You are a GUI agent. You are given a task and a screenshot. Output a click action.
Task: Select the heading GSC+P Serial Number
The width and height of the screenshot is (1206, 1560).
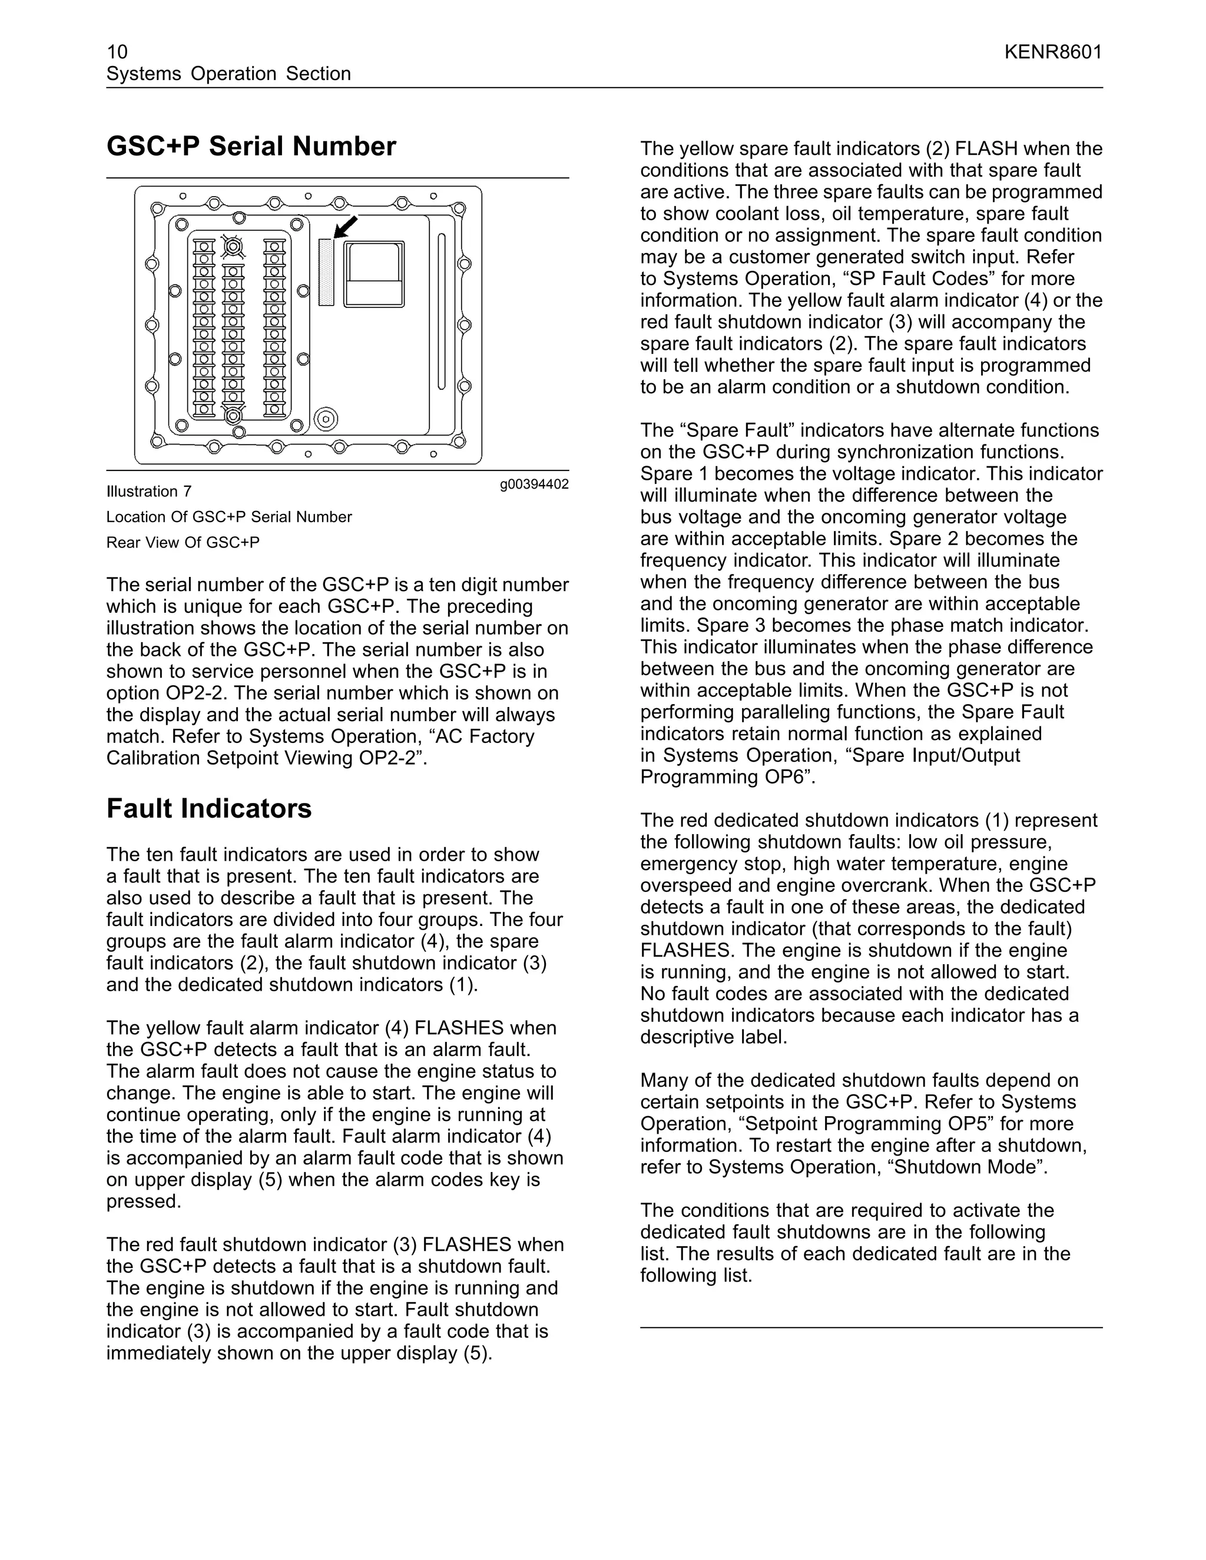coord(251,147)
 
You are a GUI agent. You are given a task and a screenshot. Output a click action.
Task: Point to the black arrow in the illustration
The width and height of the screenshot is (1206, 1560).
coord(346,227)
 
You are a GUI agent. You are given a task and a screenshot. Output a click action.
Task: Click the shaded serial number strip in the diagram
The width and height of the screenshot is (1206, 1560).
coord(326,272)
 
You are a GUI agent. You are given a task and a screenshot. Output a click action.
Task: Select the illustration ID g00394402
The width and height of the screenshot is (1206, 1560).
coord(534,484)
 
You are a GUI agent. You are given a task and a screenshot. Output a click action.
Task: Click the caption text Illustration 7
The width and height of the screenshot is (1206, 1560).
coord(148,492)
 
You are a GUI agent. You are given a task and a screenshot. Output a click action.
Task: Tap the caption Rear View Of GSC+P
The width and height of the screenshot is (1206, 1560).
coord(183,543)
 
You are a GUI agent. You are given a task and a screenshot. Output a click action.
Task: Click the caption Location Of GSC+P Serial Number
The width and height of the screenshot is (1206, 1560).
coord(228,517)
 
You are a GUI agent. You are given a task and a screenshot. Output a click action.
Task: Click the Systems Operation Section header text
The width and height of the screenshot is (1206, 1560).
coord(228,74)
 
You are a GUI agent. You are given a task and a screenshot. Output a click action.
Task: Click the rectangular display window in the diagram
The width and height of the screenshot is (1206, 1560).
coord(374,274)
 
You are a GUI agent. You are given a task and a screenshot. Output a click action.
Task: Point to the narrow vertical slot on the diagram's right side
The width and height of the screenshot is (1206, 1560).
coord(442,311)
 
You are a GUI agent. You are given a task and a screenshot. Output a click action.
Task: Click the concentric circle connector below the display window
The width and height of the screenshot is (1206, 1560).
coord(325,419)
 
